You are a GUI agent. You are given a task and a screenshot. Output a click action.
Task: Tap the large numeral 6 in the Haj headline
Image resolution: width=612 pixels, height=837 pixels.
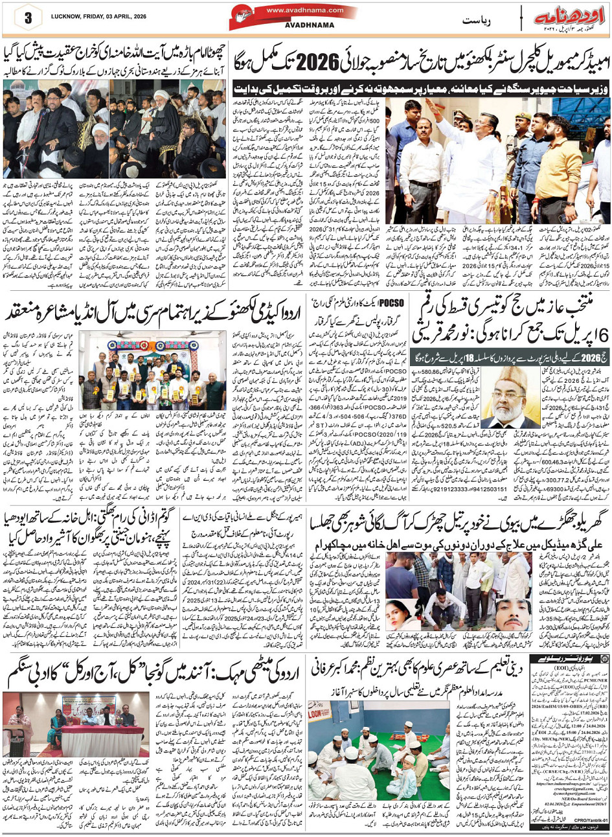click(601, 336)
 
